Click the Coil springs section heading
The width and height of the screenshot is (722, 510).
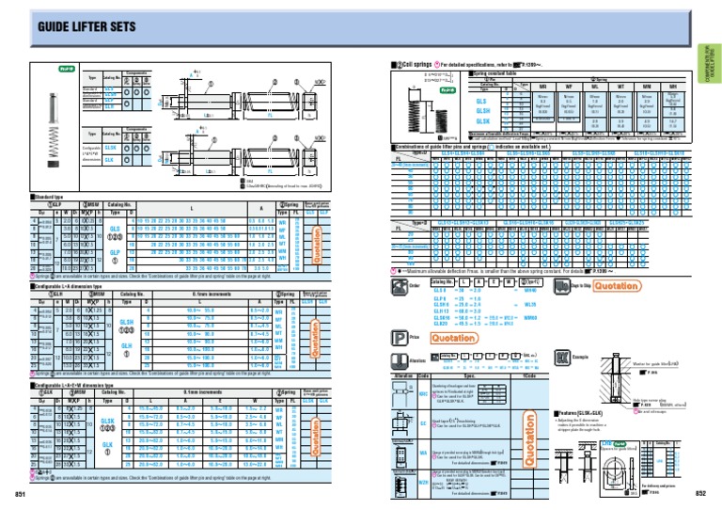[415, 63]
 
